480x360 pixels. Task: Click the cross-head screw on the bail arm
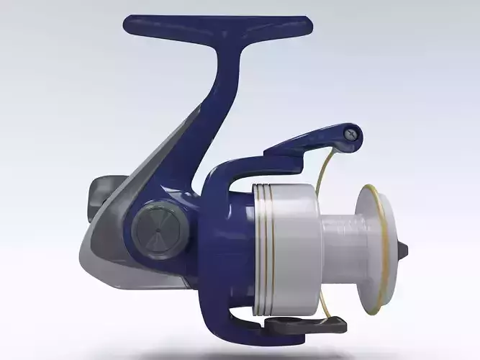click(350, 133)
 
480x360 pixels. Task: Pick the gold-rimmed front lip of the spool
click(379, 248)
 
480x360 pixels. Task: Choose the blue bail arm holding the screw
click(309, 144)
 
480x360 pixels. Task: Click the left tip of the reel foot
click(130, 26)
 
